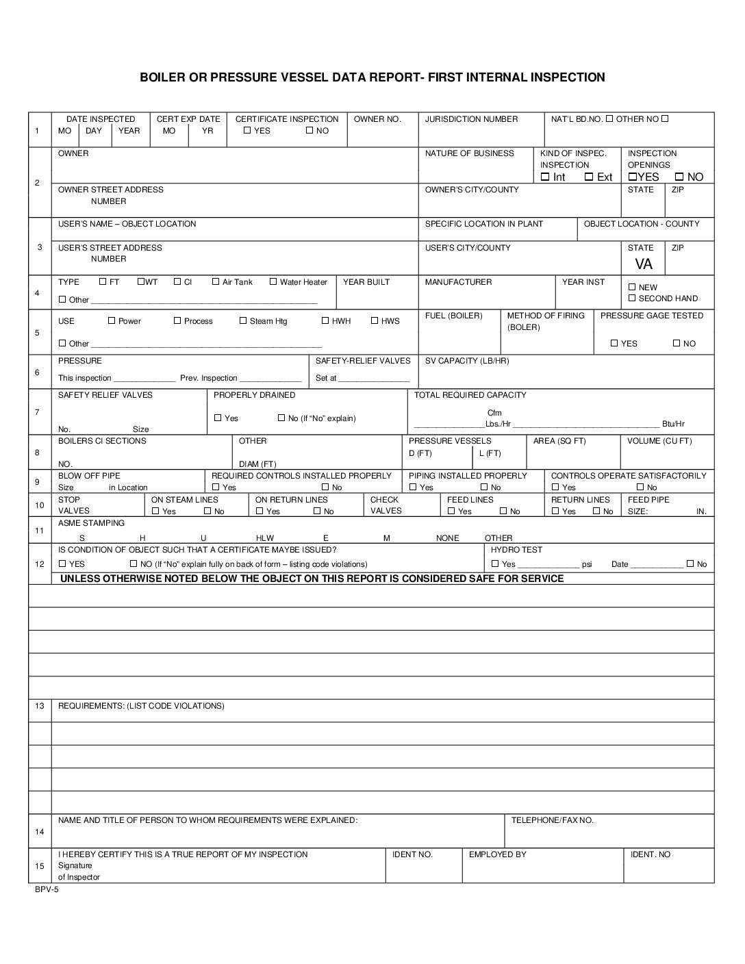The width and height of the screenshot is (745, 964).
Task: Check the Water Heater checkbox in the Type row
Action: (x=273, y=281)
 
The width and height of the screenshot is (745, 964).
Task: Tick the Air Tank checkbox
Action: (x=216, y=281)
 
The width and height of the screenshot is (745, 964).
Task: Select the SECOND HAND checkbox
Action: (x=632, y=298)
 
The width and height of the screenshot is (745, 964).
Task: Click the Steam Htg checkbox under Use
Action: (x=243, y=320)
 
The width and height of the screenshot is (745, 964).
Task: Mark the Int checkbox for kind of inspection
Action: (x=545, y=177)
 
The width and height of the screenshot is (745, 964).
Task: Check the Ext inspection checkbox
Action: (x=589, y=177)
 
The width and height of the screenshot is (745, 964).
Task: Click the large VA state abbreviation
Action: (x=644, y=264)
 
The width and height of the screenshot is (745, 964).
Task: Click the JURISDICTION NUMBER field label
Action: (x=471, y=119)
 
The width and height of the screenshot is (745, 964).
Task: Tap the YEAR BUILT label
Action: (x=366, y=282)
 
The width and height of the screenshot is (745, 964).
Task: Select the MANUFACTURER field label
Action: (x=458, y=282)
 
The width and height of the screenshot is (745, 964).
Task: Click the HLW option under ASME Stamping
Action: (x=265, y=538)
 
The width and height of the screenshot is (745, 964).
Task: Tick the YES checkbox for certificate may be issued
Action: (x=62, y=563)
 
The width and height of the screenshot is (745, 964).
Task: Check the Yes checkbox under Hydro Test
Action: (x=495, y=563)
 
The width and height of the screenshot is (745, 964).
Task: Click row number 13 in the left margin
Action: (x=40, y=706)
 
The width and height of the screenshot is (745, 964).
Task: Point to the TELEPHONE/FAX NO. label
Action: (x=553, y=820)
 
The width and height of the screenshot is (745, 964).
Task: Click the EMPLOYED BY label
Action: (x=498, y=854)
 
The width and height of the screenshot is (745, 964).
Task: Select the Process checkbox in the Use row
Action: (x=177, y=320)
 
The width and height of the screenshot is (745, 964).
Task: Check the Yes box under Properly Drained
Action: (x=218, y=418)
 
